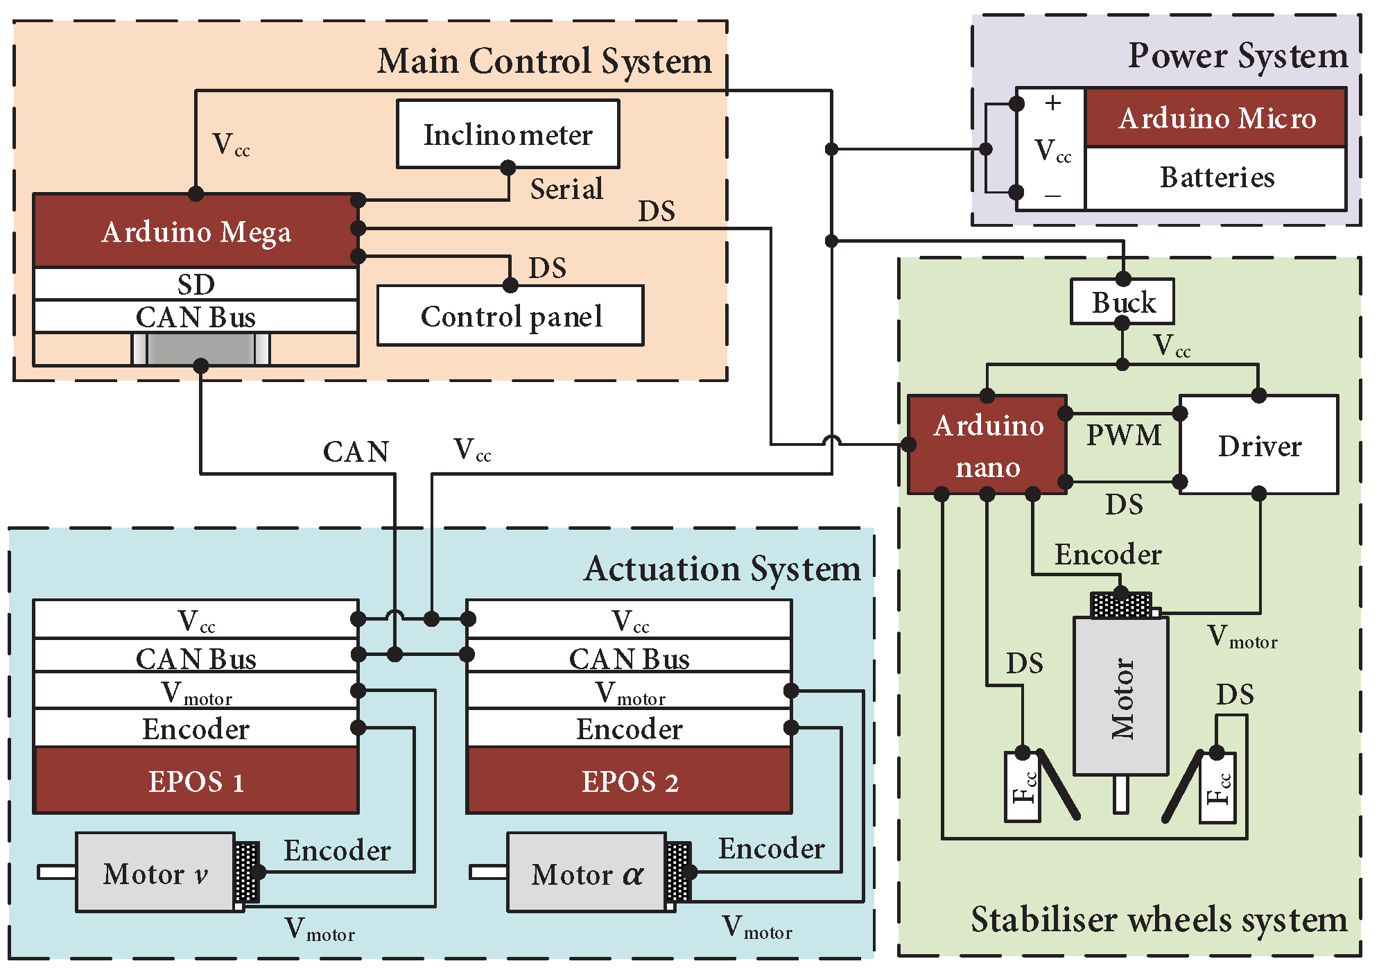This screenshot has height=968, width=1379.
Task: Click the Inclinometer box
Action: coord(508,134)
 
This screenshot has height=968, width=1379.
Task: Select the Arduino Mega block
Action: coord(196,231)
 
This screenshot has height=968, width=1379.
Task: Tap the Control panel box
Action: coord(510,316)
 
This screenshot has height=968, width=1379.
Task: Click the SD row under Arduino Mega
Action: coord(196,284)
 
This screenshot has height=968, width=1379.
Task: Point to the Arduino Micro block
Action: coord(1216,118)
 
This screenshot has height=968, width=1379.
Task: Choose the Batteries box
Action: coord(1216,178)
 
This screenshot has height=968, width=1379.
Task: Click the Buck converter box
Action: coord(1122,302)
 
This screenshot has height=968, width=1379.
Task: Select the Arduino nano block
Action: coord(987,445)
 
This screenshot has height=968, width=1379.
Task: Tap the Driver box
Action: coord(1259,445)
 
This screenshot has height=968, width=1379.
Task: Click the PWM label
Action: coord(1123,435)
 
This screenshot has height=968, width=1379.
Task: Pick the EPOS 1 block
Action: coord(196,781)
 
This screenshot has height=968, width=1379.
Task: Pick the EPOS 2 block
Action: coord(629,781)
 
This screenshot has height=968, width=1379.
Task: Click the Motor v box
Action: coord(155,873)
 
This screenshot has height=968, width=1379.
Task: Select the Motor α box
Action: coord(587,873)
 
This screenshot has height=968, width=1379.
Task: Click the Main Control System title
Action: coord(544,61)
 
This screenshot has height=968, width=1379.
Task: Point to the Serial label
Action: coord(566,189)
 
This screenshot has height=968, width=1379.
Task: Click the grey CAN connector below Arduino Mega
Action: coord(200,349)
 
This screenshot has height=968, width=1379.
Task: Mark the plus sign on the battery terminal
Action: coord(1052,103)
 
